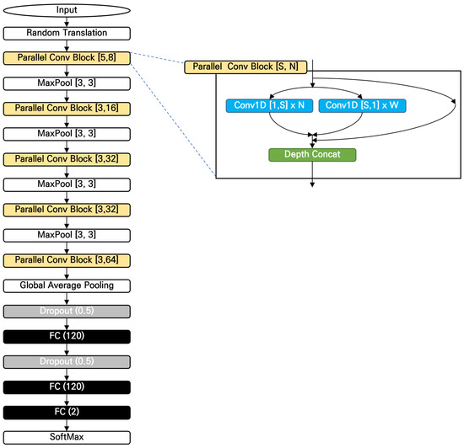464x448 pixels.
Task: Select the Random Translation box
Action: pos(66,34)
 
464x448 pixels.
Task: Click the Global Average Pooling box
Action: pos(66,286)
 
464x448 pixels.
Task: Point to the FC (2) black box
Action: pos(66,413)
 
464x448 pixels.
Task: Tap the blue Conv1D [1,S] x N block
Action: pos(269,106)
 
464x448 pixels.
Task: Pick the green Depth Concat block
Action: pos(313,155)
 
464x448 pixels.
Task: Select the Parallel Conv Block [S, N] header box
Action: pos(245,66)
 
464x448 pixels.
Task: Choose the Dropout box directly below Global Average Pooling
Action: pos(66,312)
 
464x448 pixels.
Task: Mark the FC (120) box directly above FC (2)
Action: pos(66,387)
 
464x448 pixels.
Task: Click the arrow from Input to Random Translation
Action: pos(66,21)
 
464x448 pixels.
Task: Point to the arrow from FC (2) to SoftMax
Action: pos(66,425)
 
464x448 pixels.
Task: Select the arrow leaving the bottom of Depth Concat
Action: pos(313,173)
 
